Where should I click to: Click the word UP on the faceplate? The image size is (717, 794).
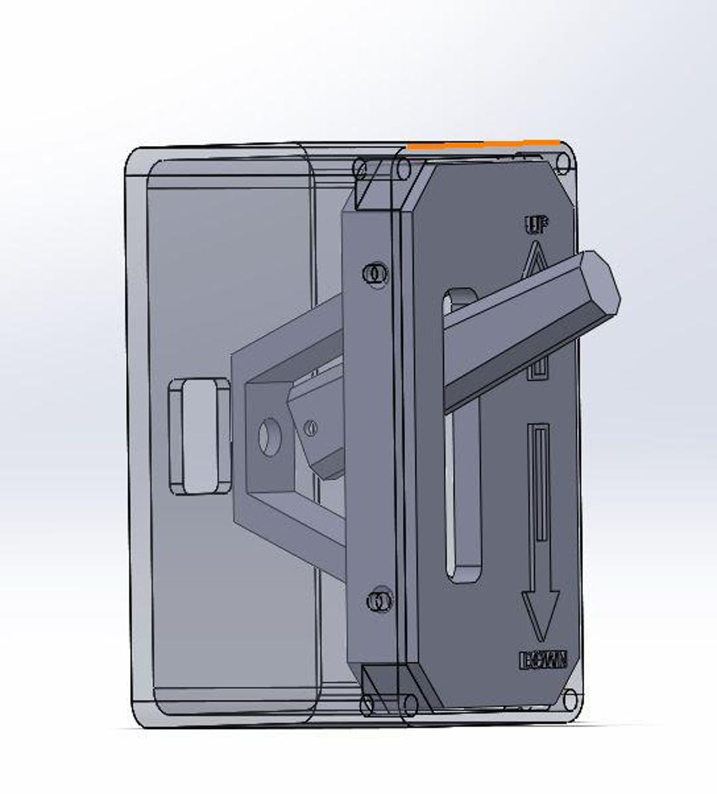pyautogui.click(x=536, y=226)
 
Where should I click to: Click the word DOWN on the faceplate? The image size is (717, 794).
pyautogui.click(x=543, y=660)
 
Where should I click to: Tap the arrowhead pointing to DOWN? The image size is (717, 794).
pyautogui.click(x=539, y=613)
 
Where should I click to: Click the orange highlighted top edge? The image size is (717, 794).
pyautogui.click(x=483, y=143)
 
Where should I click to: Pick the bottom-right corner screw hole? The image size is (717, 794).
pyautogui.click(x=570, y=699)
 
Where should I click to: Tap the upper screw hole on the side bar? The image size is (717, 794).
pyautogui.click(x=376, y=273)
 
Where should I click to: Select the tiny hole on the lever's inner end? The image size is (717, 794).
pyautogui.click(x=311, y=427)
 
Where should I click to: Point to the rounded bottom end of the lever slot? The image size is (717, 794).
pyautogui.click(x=464, y=571)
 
